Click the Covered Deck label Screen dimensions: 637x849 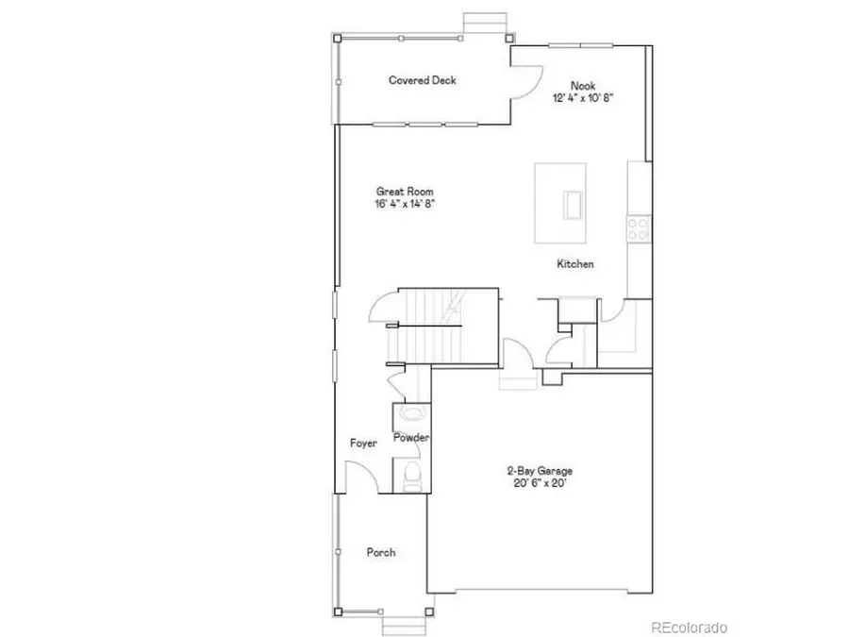[423, 80]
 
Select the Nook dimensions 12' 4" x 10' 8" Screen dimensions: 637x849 [584, 97]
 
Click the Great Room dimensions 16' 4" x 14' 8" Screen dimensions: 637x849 [404, 203]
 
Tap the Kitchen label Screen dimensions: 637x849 [575, 264]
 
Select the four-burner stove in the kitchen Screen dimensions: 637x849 [639, 226]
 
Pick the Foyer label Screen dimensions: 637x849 [363, 443]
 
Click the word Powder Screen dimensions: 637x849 [412, 438]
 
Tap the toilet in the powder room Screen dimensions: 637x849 [412, 475]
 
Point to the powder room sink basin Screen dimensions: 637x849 [412, 413]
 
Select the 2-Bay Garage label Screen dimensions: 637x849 [541, 470]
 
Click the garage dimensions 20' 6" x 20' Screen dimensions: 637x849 [541, 483]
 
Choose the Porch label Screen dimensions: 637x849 [381, 552]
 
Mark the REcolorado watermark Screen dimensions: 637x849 [690, 627]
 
